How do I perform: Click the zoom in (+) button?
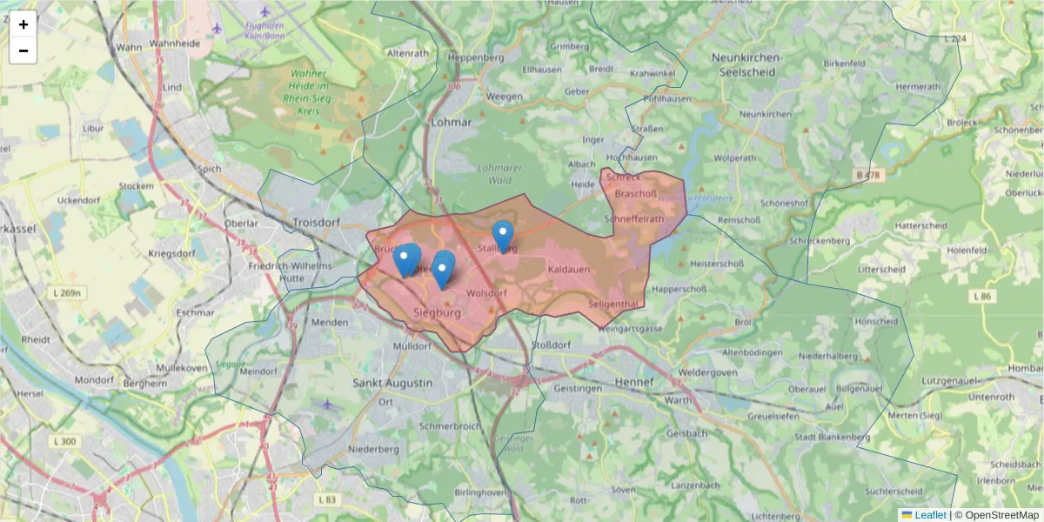click(x=23, y=24)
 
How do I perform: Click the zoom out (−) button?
click(x=23, y=50)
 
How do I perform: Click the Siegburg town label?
click(x=437, y=311)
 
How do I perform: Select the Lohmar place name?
click(x=452, y=123)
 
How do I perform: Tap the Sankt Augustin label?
click(x=392, y=383)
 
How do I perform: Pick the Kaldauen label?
click(x=570, y=270)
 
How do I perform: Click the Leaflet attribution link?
click(x=929, y=515)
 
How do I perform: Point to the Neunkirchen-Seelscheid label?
click(x=746, y=64)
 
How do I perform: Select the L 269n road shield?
click(x=66, y=293)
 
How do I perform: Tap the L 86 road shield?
click(x=981, y=297)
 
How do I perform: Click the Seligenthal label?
click(x=614, y=304)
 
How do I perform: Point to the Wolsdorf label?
click(x=486, y=293)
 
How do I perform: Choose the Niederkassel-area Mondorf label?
click(x=94, y=380)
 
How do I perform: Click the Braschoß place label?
click(x=634, y=194)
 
